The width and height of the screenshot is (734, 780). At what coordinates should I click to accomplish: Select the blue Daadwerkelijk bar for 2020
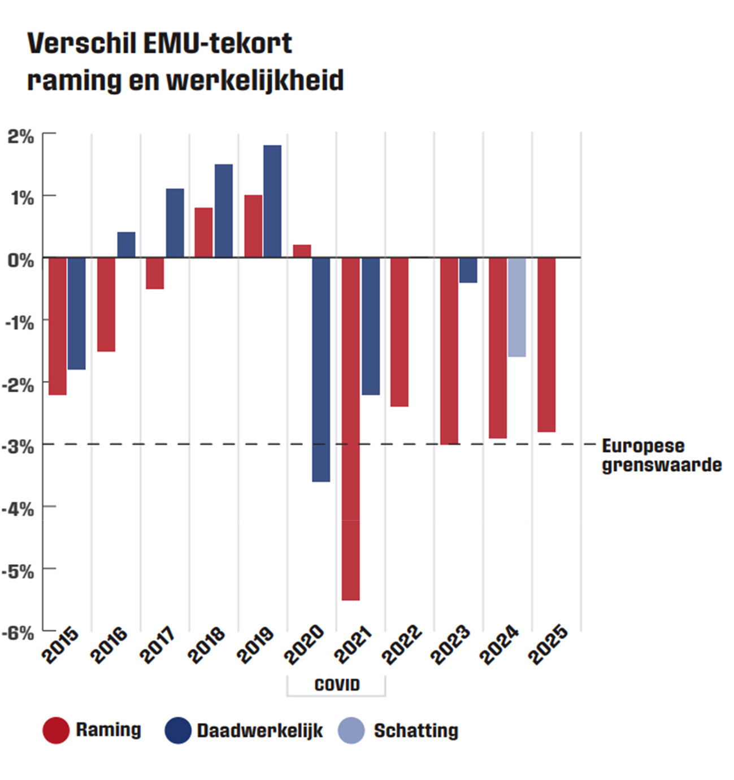tap(321, 370)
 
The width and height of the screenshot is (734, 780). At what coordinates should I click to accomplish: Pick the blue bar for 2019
tap(272, 201)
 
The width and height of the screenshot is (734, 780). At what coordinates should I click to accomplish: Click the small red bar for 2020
tap(302, 251)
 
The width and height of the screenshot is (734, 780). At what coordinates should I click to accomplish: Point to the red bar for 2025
tap(546, 345)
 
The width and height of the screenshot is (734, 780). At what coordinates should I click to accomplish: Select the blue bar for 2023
tap(468, 270)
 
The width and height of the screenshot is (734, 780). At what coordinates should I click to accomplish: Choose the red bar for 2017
tap(155, 274)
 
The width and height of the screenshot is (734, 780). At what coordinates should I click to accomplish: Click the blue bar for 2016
tap(126, 245)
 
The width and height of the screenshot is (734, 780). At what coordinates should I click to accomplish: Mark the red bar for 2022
tap(399, 332)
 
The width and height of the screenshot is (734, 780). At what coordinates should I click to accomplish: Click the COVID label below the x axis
tap(337, 685)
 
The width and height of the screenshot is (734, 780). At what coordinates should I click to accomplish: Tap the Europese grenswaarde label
tap(661, 456)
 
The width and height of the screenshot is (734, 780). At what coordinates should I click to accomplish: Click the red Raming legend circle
tap(56, 730)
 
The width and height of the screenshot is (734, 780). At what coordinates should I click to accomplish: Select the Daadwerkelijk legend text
tap(259, 730)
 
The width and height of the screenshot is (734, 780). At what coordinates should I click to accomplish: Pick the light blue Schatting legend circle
tap(351, 730)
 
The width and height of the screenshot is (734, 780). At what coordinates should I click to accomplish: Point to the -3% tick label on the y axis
tap(18, 447)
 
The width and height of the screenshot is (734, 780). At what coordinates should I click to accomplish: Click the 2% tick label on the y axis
tap(21, 136)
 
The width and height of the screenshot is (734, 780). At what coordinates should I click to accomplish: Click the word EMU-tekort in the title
tap(218, 44)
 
